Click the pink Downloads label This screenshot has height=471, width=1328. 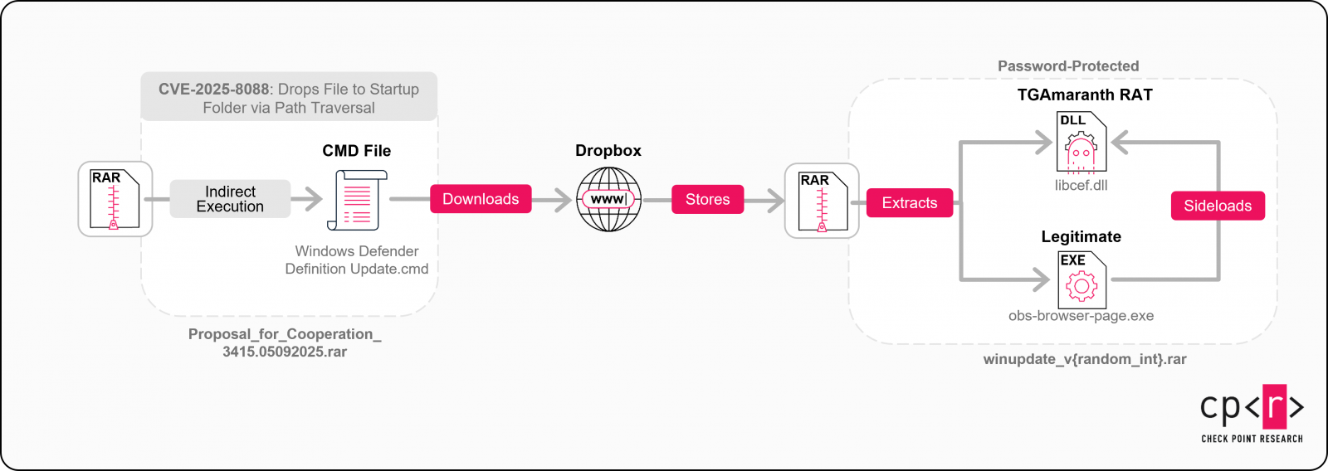481,199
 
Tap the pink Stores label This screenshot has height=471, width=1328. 707,199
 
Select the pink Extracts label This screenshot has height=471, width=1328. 909,203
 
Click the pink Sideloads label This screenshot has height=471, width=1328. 1218,206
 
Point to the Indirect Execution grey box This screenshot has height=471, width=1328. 230,199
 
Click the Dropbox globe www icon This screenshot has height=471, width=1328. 608,199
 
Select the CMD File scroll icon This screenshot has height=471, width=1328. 358,200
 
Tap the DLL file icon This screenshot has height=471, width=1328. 1081,143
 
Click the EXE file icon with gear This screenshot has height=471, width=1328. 1081,279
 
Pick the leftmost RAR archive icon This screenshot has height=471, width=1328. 115,199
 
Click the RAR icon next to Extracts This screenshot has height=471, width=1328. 822,201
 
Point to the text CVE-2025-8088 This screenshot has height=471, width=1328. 213,89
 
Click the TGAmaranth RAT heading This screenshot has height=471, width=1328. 1085,95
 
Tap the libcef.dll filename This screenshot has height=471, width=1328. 1081,185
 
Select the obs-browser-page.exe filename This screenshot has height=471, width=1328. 1081,316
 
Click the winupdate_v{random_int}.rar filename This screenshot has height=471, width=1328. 1085,359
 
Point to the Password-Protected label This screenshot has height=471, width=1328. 1068,66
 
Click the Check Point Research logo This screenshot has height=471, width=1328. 1252,412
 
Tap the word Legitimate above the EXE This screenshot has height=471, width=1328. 1081,236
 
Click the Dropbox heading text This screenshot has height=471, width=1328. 608,150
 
